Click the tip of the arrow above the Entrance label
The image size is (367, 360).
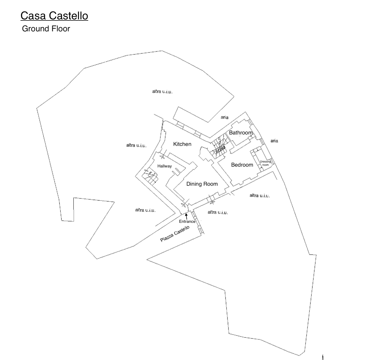click(187, 213)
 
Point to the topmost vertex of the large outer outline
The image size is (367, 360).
click(162, 51)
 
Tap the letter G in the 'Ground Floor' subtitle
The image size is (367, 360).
click(25, 29)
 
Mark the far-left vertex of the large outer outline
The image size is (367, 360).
click(37, 108)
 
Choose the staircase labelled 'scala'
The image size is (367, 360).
click(219, 146)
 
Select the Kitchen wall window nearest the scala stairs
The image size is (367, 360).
click(197, 134)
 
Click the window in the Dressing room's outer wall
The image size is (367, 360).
click(272, 161)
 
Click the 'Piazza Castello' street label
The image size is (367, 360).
click(175, 234)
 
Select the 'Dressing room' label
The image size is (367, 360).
click(265, 163)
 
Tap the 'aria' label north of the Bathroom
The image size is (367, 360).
click(224, 117)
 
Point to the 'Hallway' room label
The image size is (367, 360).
click(165, 166)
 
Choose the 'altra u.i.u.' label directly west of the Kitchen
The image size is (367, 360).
click(136, 145)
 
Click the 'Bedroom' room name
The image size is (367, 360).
click(242, 165)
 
